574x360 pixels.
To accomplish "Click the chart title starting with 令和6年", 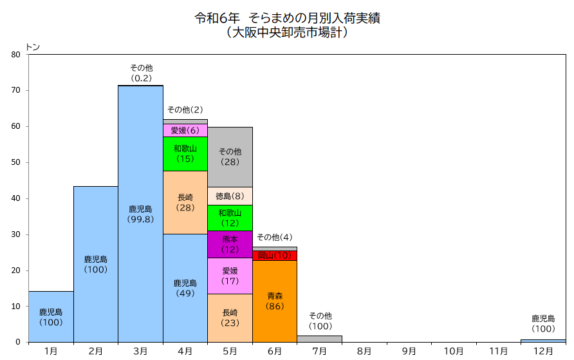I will pos(287,18).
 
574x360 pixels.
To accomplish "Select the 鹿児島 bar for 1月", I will pos(51,317).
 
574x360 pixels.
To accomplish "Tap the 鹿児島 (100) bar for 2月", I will pos(96,264).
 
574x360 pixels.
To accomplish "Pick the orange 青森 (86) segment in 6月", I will pos(275,301).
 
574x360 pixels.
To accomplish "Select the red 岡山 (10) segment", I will pos(275,256).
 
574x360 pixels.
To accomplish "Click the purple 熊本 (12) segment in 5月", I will pos(230,244).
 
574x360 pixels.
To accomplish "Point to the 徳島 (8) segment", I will pos(230,196).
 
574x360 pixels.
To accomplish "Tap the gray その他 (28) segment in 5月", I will pos(230,156).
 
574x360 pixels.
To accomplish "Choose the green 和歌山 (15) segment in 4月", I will pos(185,153).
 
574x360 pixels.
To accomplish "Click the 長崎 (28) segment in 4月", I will pos(185,202).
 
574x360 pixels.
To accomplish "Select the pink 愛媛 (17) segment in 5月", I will pos(230,276).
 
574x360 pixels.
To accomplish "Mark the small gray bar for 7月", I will pos(319,339).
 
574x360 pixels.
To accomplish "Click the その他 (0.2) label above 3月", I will pos(141,73).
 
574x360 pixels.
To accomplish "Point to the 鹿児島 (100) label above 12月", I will pos(543,323).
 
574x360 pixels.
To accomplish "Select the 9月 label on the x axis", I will pos(409,351).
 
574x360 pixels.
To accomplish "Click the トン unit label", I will pos(32,47).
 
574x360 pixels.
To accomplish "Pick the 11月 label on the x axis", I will pos(498,351).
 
